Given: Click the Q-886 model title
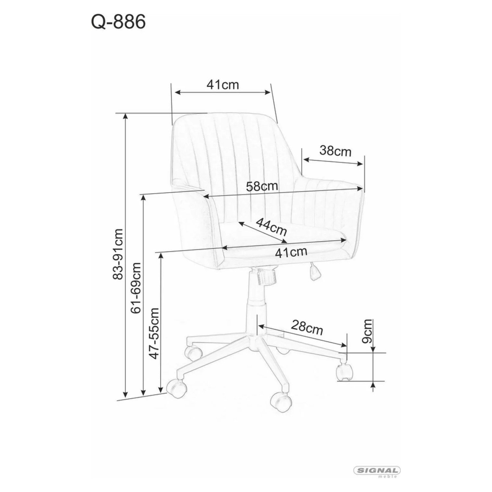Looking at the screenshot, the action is pyautogui.click(x=118, y=22).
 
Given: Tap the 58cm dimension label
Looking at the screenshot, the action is pyautogui.click(x=262, y=186).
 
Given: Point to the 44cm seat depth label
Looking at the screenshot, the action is pyautogui.click(x=271, y=227).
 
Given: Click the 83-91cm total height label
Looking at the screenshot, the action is pyautogui.click(x=118, y=254).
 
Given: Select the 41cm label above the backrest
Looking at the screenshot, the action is pyautogui.click(x=223, y=85).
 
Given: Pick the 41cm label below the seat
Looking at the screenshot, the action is pyautogui.click(x=291, y=252).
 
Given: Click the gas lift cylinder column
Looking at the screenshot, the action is pyautogui.click(x=257, y=306).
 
